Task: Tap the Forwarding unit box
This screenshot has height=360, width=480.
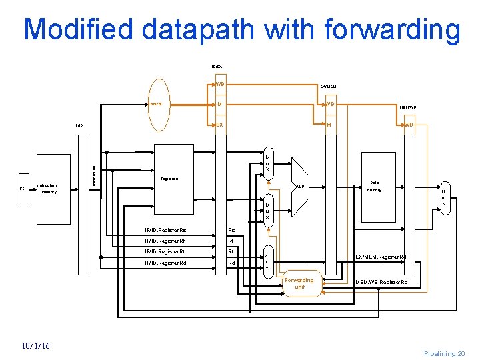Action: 300,283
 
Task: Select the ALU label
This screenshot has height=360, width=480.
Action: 301,187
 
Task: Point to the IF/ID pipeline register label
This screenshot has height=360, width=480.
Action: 78,125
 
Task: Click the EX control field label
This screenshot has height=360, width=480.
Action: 219,125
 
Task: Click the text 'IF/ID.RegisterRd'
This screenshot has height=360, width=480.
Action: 166,263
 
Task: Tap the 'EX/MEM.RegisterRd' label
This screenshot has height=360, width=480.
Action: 381,257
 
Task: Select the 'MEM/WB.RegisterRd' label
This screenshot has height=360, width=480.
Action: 381,282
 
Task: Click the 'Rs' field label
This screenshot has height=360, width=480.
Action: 231,231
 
